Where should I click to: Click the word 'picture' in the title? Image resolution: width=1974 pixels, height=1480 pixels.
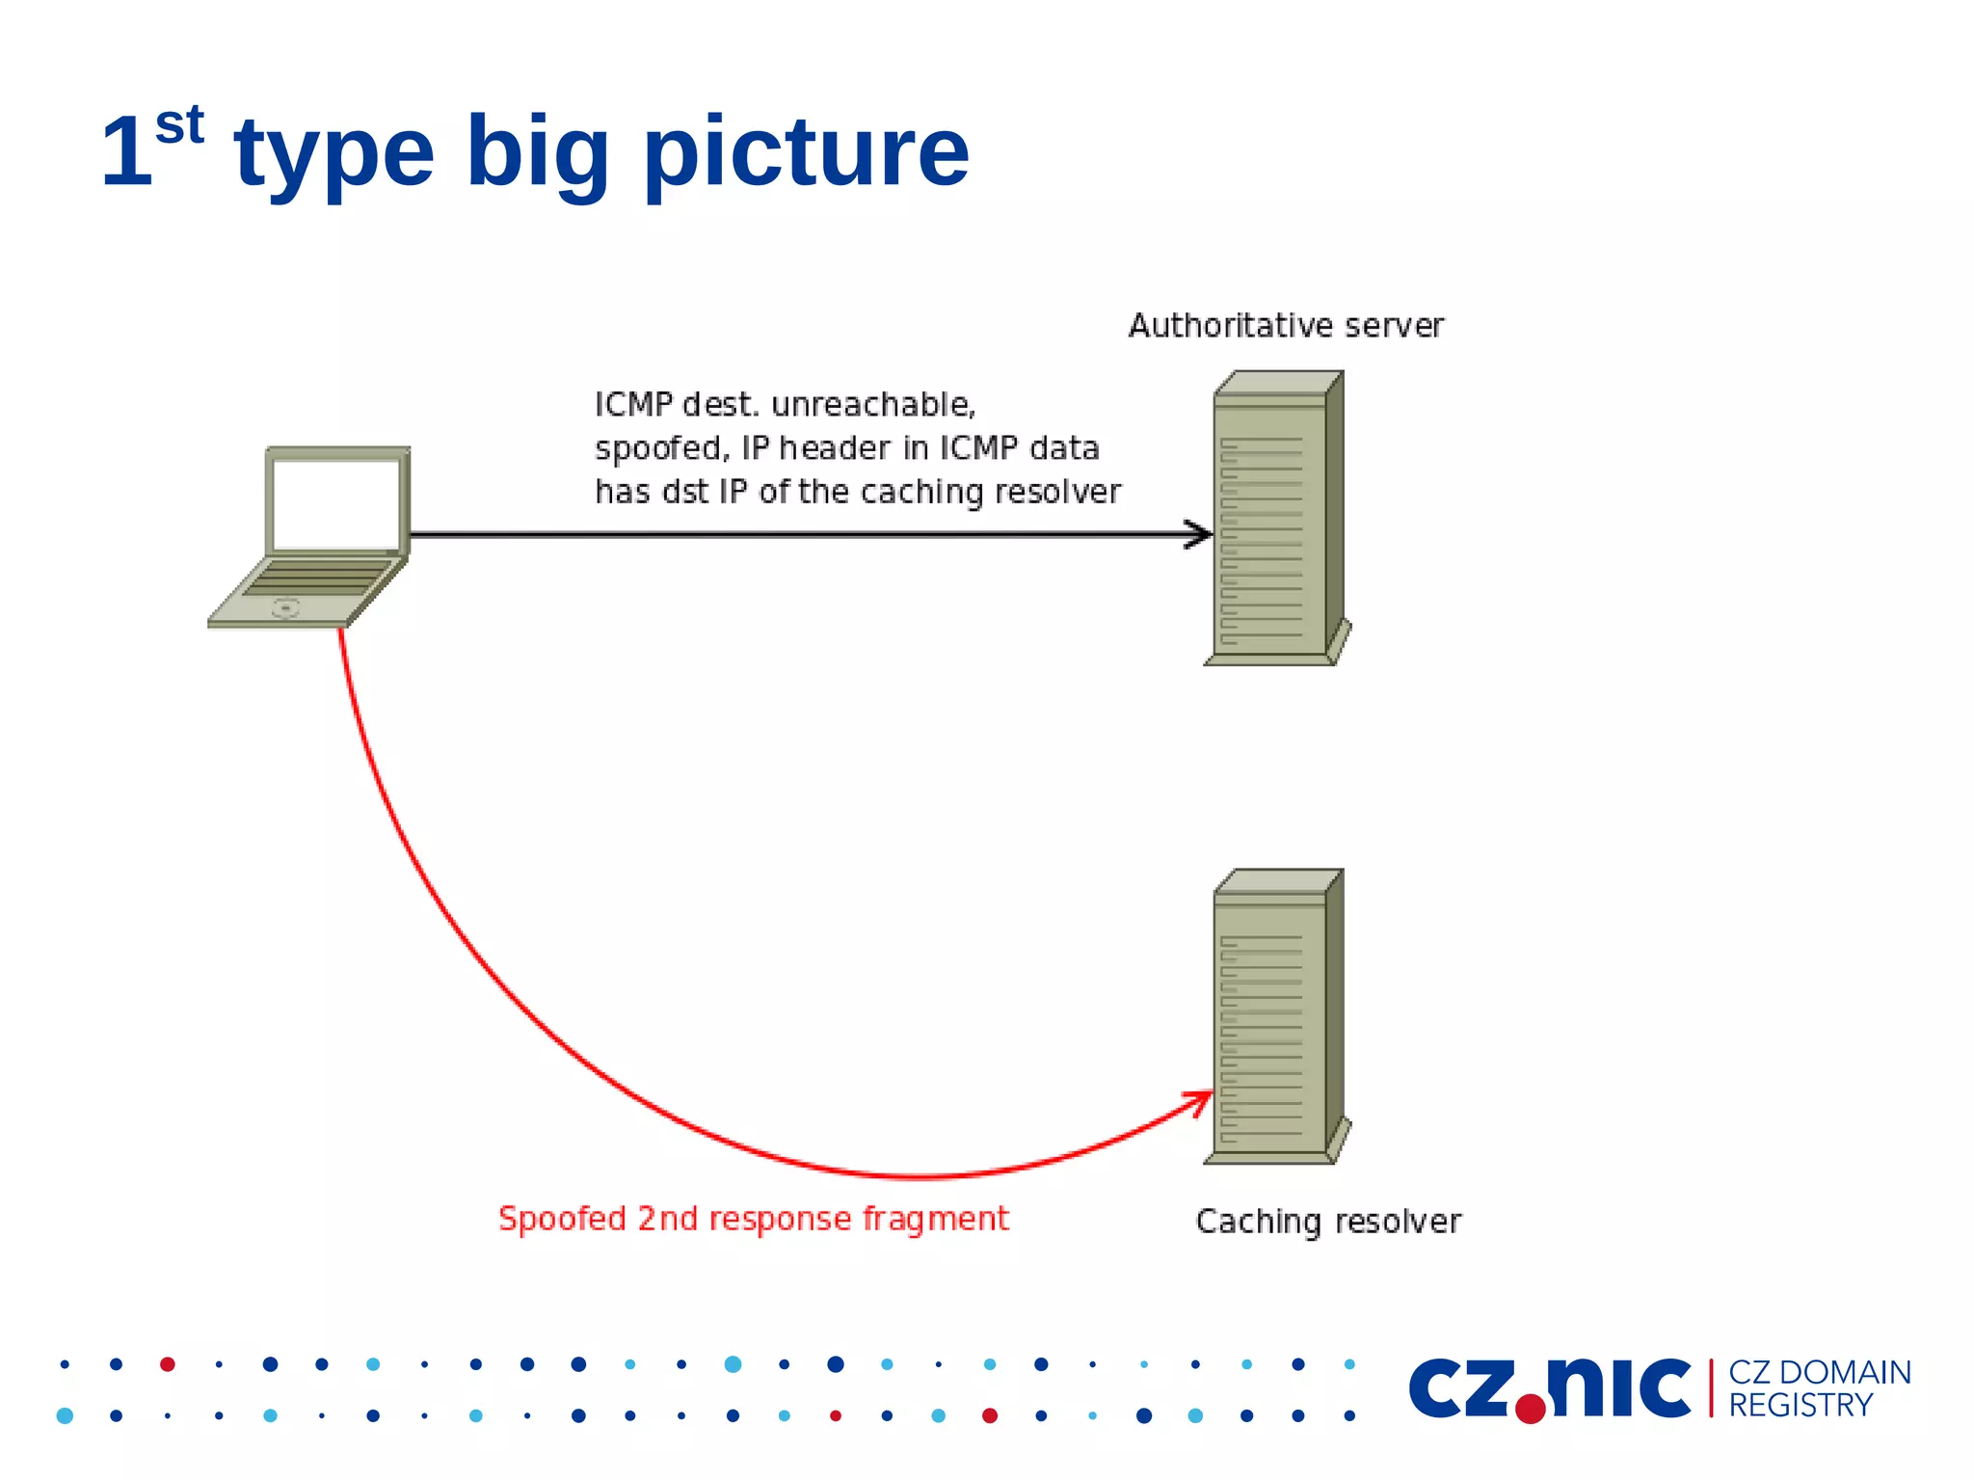pyautogui.click(x=806, y=154)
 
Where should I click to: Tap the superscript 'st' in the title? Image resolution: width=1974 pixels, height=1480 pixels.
pyautogui.click(x=179, y=125)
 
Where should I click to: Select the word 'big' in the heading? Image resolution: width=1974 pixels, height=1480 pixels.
pyautogui.click(x=537, y=154)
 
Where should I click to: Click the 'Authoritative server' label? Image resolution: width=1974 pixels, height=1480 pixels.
pyautogui.click(x=1286, y=326)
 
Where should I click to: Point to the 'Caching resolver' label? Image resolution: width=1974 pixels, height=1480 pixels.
pyautogui.click(x=1327, y=1222)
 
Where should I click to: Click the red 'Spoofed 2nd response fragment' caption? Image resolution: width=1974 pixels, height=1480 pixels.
pyautogui.click(x=753, y=1219)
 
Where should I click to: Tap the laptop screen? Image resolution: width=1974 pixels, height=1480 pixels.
pyautogui.click(x=335, y=503)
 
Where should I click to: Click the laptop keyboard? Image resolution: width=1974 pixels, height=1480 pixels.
pyautogui.click(x=318, y=579)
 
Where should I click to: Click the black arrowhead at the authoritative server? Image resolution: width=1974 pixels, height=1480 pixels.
pyautogui.click(x=1200, y=534)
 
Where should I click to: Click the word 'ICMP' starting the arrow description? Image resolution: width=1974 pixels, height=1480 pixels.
pyautogui.click(x=633, y=405)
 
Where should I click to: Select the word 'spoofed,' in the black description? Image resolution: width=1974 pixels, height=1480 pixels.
pyautogui.click(x=662, y=448)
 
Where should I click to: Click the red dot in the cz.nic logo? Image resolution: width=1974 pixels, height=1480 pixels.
pyautogui.click(x=1530, y=1409)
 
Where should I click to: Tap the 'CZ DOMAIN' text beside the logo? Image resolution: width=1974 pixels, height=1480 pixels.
pyautogui.click(x=1819, y=1372)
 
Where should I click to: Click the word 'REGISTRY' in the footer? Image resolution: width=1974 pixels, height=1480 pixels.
pyautogui.click(x=1800, y=1406)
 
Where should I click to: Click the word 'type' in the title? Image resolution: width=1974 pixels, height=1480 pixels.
pyautogui.click(x=334, y=154)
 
